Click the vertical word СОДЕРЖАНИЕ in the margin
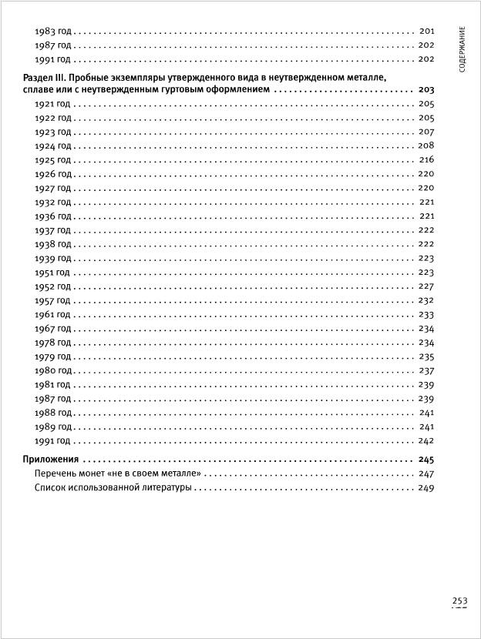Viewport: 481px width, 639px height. [462, 49]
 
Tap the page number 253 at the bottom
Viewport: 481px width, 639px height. [459, 601]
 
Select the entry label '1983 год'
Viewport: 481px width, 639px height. [53, 32]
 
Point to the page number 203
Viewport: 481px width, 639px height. [426, 90]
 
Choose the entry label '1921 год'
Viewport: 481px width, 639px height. [53, 104]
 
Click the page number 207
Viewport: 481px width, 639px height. [426, 132]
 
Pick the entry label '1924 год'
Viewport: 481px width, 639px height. [53, 146]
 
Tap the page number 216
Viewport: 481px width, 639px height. [426, 160]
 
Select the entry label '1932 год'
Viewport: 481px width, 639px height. [53, 202]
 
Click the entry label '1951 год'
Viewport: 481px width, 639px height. [53, 273]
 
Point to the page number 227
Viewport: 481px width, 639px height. [426, 286]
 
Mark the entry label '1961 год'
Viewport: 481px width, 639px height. [53, 314]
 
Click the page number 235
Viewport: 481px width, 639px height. [426, 356]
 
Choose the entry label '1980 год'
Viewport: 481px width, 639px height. [53, 370]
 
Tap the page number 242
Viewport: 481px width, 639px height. [426, 440]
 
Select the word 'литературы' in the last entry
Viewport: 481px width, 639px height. [164, 488]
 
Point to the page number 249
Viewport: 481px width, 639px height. [426, 488]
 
